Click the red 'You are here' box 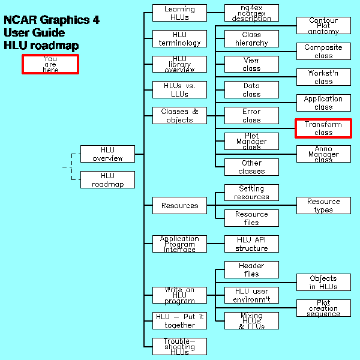50,64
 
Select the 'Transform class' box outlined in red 323,128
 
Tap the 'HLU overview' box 107,154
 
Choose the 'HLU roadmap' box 107,180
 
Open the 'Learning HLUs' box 179,13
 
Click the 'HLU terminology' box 179,39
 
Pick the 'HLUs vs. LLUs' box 179,90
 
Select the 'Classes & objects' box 179,116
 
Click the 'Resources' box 179,206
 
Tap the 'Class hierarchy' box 251,39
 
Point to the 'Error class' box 251,116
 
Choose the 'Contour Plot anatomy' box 323,26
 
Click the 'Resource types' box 323,206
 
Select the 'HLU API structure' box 251,244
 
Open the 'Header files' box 251,270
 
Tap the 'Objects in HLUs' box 323,283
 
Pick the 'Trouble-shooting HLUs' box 179,347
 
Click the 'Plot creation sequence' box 323,308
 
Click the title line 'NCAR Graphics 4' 52,20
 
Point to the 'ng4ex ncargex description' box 251,13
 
